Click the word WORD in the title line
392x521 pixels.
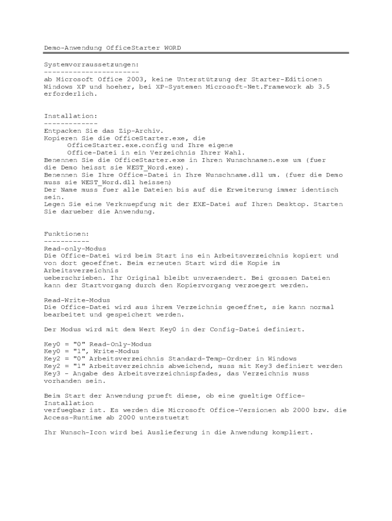(x=172, y=48)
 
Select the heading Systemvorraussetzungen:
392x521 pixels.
(x=91, y=65)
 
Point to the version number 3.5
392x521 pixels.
(x=324, y=87)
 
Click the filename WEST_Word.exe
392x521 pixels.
(x=155, y=167)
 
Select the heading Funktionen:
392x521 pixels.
(x=66, y=234)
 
